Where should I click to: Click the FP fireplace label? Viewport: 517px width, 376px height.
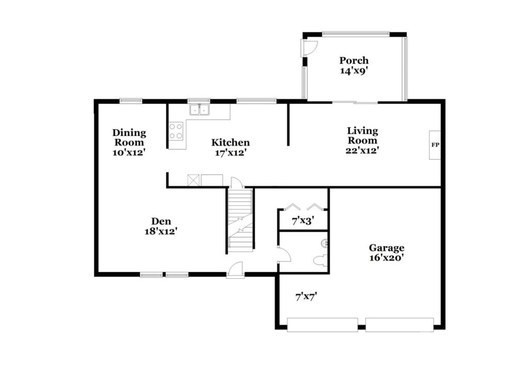click(x=435, y=145)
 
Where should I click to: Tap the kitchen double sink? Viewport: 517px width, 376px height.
click(x=200, y=110)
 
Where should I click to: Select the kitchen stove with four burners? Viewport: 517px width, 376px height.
click(x=176, y=131)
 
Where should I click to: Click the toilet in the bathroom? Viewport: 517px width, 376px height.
click(x=320, y=261)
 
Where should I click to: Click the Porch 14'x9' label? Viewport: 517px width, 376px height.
click(x=354, y=65)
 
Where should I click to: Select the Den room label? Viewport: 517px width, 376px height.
click(x=161, y=221)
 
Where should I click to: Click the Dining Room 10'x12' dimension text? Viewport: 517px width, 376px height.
click(x=129, y=153)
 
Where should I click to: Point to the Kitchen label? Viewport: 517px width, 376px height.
click(x=231, y=142)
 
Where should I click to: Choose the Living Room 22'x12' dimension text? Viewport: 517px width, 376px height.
click(x=362, y=151)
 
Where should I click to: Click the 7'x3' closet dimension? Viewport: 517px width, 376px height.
click(x=302, y=221)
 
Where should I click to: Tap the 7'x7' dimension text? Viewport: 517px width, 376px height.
click(x=306, y=297)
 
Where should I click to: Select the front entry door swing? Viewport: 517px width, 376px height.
click(x=235, y=270)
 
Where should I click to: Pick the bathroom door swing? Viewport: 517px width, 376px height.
click(x=285, y=254)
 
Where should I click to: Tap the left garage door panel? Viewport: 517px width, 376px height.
click(x=323, y=325)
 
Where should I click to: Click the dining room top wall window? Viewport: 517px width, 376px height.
click(x=131, y=101)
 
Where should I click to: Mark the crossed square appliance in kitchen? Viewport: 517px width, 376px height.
click(x=193, y=181)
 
